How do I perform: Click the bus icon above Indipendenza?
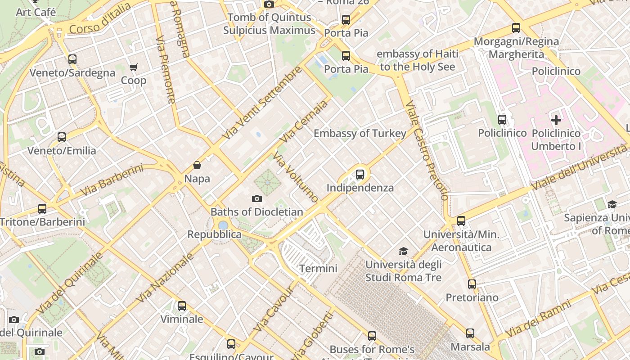(x=360, y=174)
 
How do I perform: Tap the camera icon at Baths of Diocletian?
(x=256, y=198)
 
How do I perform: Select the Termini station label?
(x=318, y=269)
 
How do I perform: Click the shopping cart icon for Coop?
(x=133, y=67)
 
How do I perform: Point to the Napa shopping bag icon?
(x=197, y=165)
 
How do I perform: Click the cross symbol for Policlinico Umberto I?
(x=556, y=120)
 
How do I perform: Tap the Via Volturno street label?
(x=296, y=178)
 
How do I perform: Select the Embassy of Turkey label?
(x=360, y=133)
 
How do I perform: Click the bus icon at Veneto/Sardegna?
(x=72, y=59)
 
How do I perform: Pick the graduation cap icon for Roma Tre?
(x=403, y=251)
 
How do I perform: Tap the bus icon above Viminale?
(x=181, y=306)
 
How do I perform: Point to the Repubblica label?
(x=214, y=234)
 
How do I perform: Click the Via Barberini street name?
(x=112, y=180)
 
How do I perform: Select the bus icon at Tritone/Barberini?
(x=42, y=208)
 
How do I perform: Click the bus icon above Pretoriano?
(x=472, y=284)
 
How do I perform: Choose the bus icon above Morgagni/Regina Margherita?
(x=516, y=28)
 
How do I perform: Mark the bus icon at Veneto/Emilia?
(x=62, y=137)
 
